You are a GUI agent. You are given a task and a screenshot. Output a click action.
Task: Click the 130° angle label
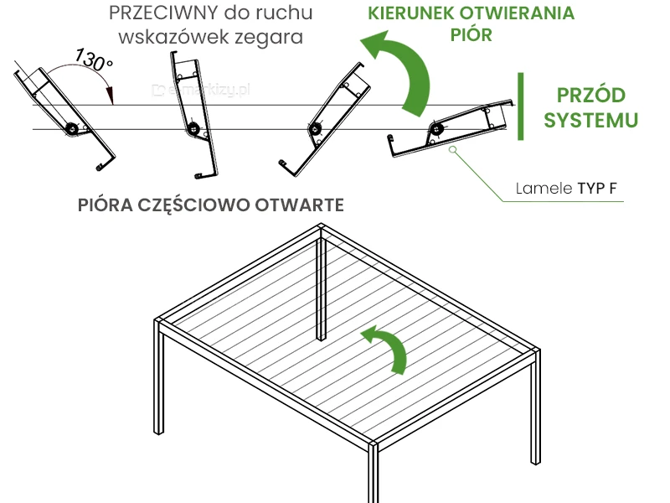[x=93, y=60]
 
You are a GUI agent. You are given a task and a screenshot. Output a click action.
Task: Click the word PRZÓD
[x=590, y=95]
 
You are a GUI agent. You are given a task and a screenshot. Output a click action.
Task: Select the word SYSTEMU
[x=590, y=120]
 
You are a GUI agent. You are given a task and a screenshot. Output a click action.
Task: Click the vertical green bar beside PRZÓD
[x=521, y=106]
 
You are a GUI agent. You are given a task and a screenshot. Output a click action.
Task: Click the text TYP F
[x=599, y=189]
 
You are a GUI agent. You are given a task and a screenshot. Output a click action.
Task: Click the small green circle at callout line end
[x=453, y=150]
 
